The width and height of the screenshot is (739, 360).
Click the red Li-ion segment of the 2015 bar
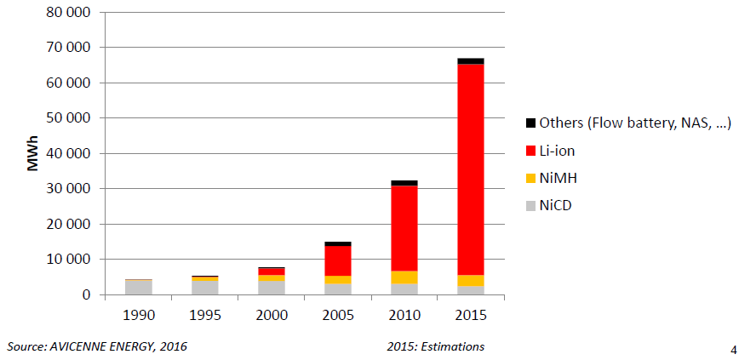(x=470, y=170)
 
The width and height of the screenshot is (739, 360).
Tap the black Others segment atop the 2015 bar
(x=470, y=61)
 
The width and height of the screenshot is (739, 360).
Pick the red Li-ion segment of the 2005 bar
(x=336, y=260)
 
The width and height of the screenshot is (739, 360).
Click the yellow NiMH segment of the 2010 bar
(x=404, y=277)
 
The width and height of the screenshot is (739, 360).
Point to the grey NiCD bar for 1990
(x=138, y=287)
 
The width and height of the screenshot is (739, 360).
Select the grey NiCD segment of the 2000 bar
(x=272, y=288)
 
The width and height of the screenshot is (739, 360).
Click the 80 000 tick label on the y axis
(x=67, y=13)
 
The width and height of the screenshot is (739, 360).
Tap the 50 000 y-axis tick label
(x=67, y=118)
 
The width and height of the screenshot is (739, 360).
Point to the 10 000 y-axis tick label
(x=67, y=260)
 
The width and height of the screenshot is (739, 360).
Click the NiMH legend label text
(x=559, y=178)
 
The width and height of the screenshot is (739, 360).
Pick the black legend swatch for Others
(x=531, y=124)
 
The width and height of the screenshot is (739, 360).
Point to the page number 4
(x=733, y=349)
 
